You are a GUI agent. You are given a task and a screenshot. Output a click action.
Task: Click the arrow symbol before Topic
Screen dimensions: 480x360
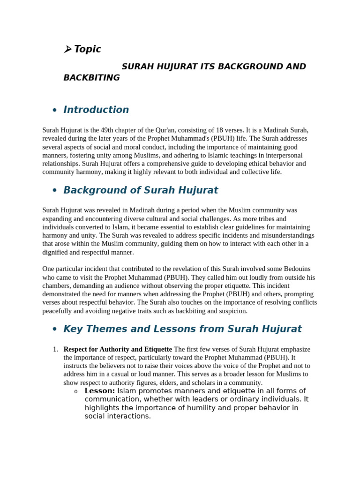67,49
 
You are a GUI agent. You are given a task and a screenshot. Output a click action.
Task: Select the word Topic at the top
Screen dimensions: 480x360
88,49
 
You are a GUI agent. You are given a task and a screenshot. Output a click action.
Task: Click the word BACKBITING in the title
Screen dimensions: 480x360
91,78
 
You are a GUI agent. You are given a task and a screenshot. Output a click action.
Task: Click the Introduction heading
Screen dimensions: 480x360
96,110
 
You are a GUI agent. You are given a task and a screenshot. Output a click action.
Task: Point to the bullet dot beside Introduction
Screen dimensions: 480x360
55,110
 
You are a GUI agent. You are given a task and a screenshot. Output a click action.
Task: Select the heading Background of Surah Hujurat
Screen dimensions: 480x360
141,190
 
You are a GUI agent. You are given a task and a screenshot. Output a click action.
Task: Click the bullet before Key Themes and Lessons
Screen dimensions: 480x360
55,330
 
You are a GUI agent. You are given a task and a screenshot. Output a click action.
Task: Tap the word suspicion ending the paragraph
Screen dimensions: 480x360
233,311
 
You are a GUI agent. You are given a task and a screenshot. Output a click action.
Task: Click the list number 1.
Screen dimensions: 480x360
55,349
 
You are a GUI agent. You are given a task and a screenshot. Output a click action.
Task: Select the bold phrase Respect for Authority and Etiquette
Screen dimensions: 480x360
118,349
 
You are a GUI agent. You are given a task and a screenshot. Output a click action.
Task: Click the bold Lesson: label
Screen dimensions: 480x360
99,391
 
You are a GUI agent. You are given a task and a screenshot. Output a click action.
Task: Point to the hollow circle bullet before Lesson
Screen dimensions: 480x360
76,391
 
